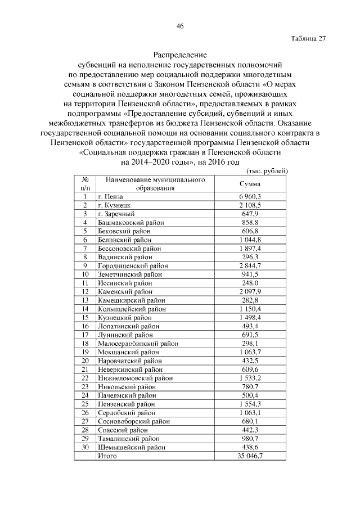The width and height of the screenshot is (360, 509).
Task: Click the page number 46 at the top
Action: pos(180,26)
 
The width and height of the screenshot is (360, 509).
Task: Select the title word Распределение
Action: pos(180,56)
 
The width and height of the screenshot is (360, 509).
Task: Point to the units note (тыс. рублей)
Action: pos(268,170)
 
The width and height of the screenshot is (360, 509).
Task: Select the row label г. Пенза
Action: pos(110,196)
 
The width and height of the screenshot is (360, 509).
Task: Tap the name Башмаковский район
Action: pos(130,222)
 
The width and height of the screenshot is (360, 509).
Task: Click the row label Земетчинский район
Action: pos(130,274)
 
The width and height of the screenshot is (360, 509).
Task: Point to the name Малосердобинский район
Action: pos(138,343)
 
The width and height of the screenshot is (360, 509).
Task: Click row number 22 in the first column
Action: pos(85,378)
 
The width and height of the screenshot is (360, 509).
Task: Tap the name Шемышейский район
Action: pos(132,447)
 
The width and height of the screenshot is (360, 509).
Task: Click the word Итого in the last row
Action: pos(107,456)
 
